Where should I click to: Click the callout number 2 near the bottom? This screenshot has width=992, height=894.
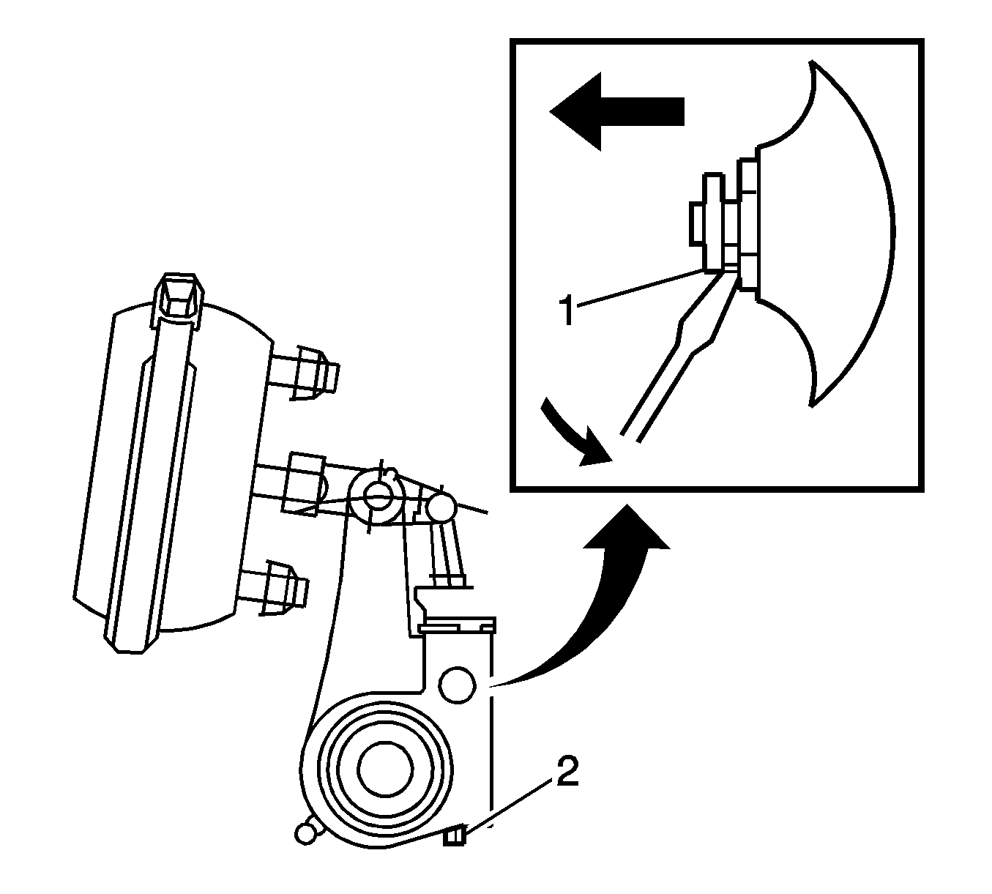pyautogui.click(x=567, y=770)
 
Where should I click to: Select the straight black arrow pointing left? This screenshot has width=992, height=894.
pyautogui.click(x=616, y=111)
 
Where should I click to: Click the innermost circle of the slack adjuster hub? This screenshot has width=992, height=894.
pyautogui.click(x=386, y=769)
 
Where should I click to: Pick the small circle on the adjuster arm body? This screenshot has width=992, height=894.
pyautogui.click(x=457, y=685)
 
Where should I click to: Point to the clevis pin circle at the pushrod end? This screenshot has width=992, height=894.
pyautogui.click(x=377, y=497)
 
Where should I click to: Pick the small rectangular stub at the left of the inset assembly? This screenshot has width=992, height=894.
pyautogui.click(x=697, y=223)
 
